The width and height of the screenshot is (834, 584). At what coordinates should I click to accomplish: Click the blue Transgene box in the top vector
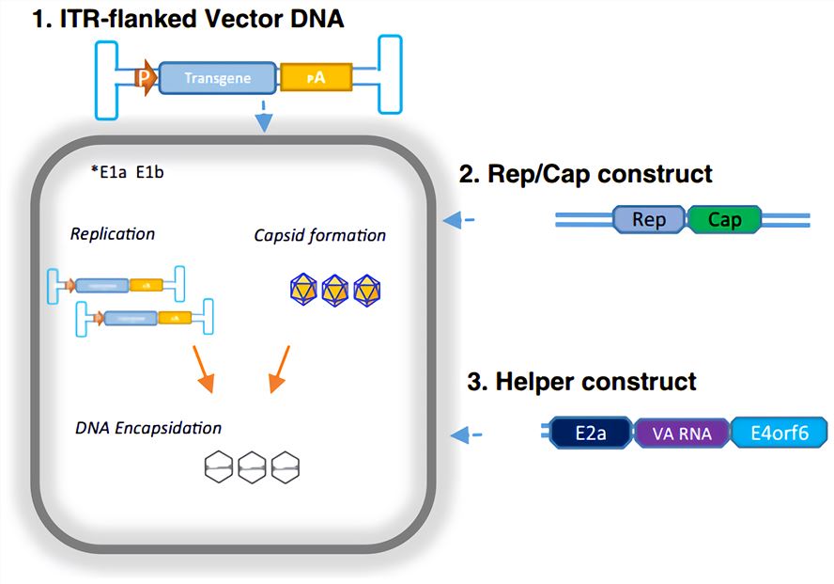(x=218, y=78)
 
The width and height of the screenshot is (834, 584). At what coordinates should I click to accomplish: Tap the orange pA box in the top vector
(x=316, y=77)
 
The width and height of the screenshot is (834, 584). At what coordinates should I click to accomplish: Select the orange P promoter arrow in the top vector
(x=145, y=78)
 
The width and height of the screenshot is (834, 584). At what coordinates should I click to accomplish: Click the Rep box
(x=649, y=220)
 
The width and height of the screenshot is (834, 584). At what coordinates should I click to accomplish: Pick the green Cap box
(x=724, y=220)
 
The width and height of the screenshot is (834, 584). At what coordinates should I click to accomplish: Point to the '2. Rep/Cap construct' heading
(x=585, y=174)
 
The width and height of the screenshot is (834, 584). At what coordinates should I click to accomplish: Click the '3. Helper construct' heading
(x=581, y=382)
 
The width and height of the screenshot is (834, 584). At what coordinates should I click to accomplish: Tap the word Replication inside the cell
(x=113, y=232)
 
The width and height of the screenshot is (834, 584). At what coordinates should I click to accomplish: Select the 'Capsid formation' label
(x=319, y=234)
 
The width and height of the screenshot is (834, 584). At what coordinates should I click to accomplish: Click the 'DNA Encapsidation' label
(x=148, y=428)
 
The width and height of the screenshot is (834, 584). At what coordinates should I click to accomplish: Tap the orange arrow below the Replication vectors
(x=204, y=369)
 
